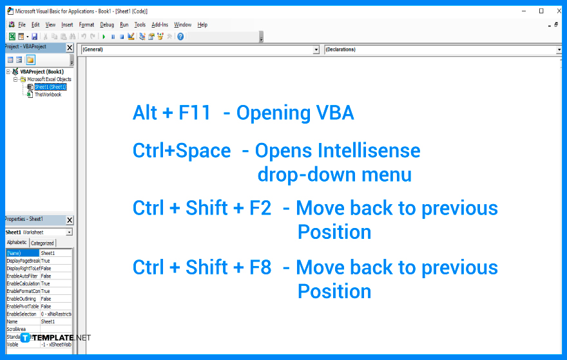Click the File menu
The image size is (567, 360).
click(x=22, y=24)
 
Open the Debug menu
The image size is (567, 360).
click(x=107, y=24)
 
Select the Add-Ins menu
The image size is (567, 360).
click(x=160, y=24)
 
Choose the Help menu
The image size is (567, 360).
click(x=202, y=24)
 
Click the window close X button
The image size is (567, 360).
click(x=558, y=11)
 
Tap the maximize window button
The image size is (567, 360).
click(x=541, y=11)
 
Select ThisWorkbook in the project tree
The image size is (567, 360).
click(x=48, y=95)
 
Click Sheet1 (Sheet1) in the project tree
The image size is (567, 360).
click(x=50, y=87)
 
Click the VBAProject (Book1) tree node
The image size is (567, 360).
click(x=42, y=71)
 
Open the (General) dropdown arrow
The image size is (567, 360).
click(x=316, y=50)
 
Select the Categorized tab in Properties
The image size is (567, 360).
click(x=43, y=243)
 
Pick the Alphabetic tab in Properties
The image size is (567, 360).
click(x=17, y=243)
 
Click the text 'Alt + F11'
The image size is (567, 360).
click(x=171, y=113)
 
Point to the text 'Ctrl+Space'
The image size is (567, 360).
click(x=182, y=151)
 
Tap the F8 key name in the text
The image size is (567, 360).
click(x=260, y=267)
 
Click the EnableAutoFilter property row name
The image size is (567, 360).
click(x=23, y=276)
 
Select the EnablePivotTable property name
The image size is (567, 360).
click(x=23, y=307)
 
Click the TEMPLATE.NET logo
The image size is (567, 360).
click(x=55, y=337)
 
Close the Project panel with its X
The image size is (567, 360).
click(x=70, y=48)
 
